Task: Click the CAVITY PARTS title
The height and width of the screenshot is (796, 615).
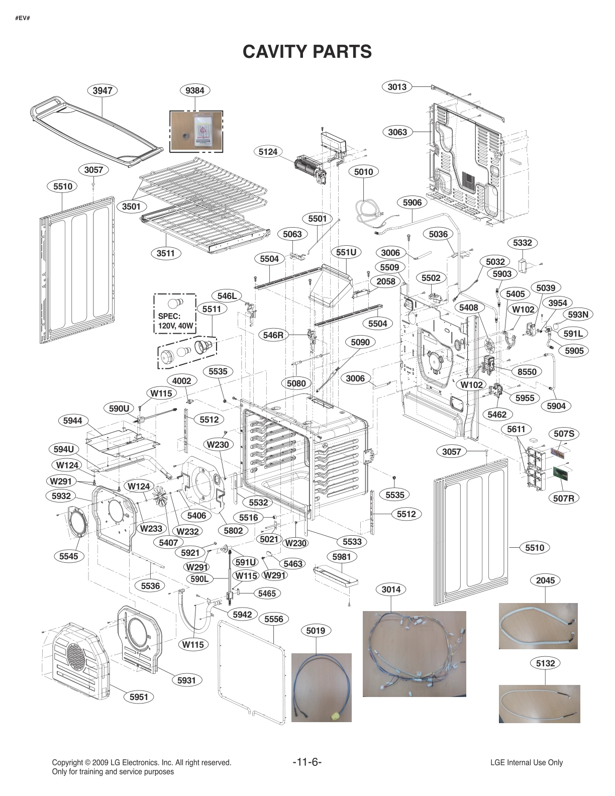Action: click(307, 51)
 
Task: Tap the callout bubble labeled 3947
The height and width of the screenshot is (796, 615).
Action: click(102, 90)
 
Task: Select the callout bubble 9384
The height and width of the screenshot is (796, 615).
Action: click(195, 90)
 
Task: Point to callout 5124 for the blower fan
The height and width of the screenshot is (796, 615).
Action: click(268, 152)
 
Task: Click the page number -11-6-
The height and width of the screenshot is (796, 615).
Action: click(307, 762)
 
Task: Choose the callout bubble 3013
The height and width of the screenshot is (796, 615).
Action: click(397, 86)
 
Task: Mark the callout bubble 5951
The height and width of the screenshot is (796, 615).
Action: click(139, 697)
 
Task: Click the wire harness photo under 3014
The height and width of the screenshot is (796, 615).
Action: click(414, 653)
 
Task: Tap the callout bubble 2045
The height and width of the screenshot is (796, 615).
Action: click(545, 580)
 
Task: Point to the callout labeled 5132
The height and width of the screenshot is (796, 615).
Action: click(545, 663)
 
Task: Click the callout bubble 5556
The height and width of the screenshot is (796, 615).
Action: click(274, 619)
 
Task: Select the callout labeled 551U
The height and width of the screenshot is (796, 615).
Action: click(346, 252)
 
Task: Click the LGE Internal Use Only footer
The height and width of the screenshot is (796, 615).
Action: click(527, 762)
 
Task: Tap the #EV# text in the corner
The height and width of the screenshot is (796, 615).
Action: click(22, 18)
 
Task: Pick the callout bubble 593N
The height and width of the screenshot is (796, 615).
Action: click(578, 315)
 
